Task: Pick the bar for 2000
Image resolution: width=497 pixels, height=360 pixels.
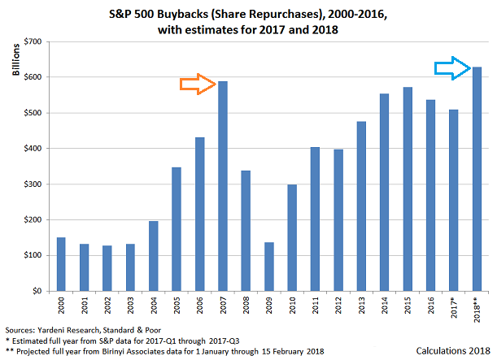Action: coord(61,263)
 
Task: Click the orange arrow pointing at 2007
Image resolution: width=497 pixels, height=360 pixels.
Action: coord(198,84)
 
